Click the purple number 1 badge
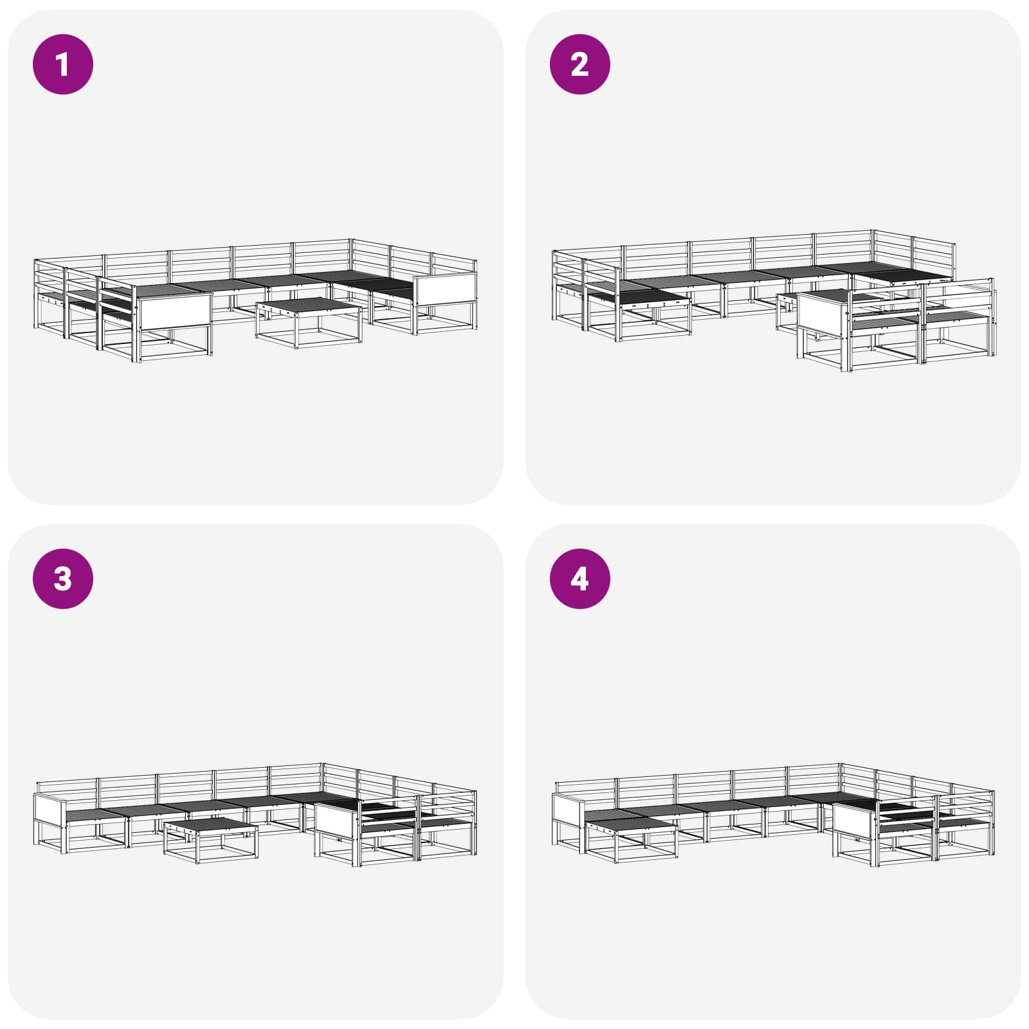coord(63,64)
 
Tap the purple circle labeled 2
coord(579,64)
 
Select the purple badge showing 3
coord(63,578)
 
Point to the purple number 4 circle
coord(579,578)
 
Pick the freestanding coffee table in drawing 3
coord(210,840)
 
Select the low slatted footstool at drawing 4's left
coord(631,840)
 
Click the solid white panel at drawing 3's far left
coord(50,808)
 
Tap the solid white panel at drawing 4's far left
coord(569,808)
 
